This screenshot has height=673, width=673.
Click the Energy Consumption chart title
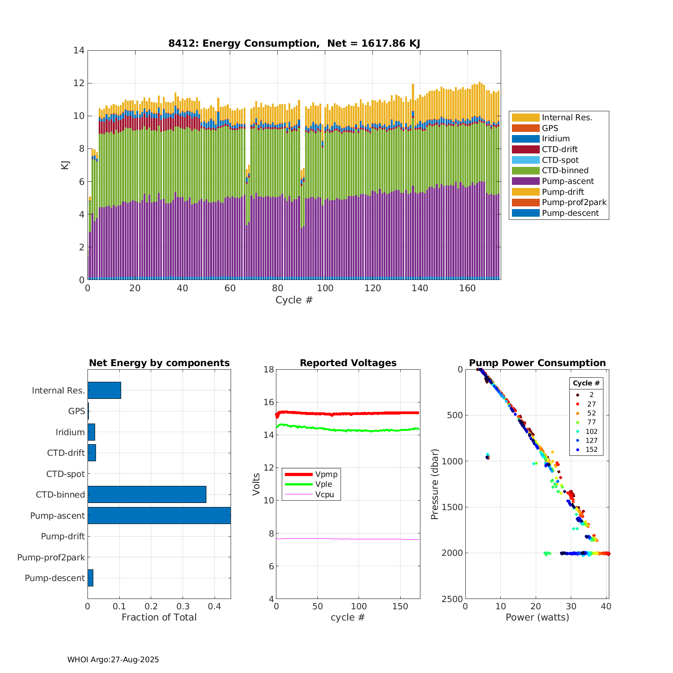coord(294,44)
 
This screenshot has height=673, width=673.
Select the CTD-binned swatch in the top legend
coord(525,170)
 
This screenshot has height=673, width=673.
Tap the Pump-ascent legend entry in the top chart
coord(568,181)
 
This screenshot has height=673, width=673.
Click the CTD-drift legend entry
coord(559,149)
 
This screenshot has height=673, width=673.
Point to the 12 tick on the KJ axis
coord(79,83)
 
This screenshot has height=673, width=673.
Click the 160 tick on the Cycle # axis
coord(468,288)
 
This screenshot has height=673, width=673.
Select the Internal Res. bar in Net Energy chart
coord(104,390)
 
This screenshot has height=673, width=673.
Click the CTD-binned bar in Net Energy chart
coord(147,494)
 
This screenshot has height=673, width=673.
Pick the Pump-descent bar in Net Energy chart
coord(90,578)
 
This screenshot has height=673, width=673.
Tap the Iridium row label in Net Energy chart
coord(70,432)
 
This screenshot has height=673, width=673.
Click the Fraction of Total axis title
coord(159,617)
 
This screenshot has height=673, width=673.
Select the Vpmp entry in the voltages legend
coord(326,474)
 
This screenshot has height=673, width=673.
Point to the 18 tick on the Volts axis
coord(269,369)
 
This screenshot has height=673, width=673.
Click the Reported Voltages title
coord(348,363)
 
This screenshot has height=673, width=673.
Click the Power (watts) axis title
coord(537,617)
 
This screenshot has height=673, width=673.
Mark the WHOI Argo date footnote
coord(113,660)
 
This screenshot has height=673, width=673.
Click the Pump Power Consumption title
coord(537,363)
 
